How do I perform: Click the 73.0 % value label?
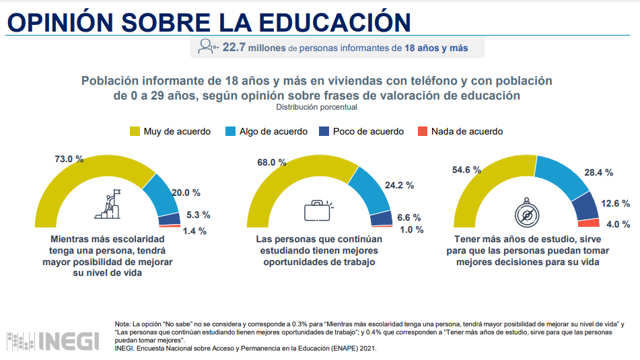[69, 159]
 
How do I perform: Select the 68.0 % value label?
[271, 163]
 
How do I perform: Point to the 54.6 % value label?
[466, 171]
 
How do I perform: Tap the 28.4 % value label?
[599, 173]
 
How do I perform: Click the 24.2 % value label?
[400, 185]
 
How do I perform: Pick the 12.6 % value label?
[616, 203]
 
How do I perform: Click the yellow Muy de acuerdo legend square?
[135, 131]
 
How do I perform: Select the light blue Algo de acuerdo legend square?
[230, 131]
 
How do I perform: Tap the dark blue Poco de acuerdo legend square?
[326, 131]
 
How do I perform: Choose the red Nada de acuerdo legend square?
[422, 131]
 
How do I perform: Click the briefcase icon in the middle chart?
[319, 211]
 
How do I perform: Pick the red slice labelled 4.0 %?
[589, 223]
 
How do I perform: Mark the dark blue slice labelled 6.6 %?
[381, 218]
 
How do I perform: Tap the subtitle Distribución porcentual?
[316, 107]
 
